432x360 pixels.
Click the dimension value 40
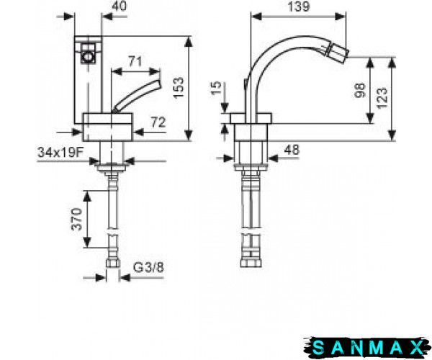point(119,6)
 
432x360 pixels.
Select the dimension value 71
point(135,61)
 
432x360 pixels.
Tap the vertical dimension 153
point(179,87)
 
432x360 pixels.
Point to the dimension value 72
point(158,122)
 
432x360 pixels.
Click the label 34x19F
point(60,152)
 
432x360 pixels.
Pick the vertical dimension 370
point(76,219)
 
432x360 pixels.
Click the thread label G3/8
point(148,267)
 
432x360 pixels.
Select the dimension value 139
point(299,6)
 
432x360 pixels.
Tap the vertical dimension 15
point(216,88)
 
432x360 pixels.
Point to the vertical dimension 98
point(359,90)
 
